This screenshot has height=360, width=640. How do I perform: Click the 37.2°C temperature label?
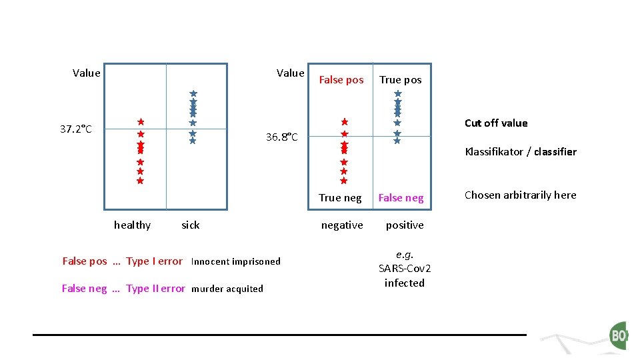(75, 129)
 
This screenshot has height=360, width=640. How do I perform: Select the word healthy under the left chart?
(132, 225)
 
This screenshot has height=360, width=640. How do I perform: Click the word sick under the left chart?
(190, 225)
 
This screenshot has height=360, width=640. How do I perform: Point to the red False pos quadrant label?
(341, 80)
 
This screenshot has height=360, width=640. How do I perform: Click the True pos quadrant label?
(400, 80)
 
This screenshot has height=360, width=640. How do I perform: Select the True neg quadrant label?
(340, 197)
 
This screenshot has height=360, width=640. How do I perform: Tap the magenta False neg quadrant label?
(401, 197)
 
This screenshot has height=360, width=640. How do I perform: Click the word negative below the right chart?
(342, 225)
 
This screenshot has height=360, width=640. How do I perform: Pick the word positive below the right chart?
(405, 225)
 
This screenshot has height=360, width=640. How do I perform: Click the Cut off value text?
(495, 123)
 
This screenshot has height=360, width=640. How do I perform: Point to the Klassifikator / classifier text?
(520, 151)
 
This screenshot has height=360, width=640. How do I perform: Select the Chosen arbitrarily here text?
(520, 195)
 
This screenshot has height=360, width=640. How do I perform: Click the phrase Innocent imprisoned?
(235, 261)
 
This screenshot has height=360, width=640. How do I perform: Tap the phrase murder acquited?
(227, 289)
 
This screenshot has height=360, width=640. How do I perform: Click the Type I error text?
(154, 261)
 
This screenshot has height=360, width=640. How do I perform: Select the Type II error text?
(155, 289)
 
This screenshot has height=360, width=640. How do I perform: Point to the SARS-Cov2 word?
(405, 268)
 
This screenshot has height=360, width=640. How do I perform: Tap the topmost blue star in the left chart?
(193, 94)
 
